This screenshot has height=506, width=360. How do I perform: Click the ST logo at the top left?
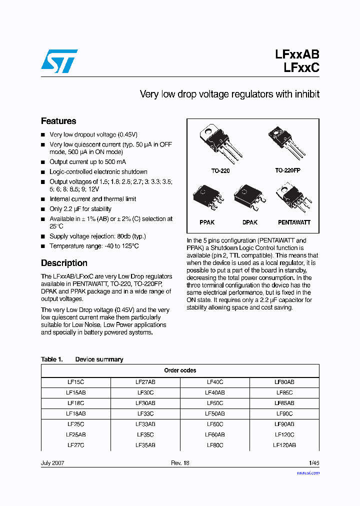click(59, 61)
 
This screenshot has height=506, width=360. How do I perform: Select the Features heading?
click(58, 121)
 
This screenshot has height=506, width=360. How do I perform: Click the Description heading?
click(64, 263)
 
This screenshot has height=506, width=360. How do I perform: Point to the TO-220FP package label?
click(287, 170)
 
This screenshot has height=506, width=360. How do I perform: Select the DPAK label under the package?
click(249, 222)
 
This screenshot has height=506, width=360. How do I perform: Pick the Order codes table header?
click(180, 370)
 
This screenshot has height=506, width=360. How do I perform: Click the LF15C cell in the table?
click(75, 382)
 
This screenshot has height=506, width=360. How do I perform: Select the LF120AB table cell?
click(284, 445)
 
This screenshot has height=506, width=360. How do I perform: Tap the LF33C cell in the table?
click(145, 413)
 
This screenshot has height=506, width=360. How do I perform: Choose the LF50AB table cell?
click(214, 413)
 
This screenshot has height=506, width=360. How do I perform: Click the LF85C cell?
click(284, 392)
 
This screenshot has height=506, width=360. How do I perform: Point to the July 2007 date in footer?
click(52, 463)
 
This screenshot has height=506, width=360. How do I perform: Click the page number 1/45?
click(313, 463)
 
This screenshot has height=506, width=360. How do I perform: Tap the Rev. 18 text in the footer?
click(180, 463)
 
